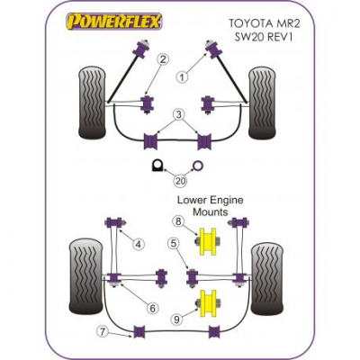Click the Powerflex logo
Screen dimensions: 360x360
113,22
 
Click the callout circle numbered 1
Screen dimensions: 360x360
182,77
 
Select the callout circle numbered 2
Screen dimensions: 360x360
163,59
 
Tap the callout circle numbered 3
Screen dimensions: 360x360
179,114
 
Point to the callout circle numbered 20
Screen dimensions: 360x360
180,181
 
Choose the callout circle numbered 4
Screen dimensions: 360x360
138,245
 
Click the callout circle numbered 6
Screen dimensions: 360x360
152,308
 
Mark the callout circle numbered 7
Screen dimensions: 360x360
103,332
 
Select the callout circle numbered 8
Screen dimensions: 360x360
178,222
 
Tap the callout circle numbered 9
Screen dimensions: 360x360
177,319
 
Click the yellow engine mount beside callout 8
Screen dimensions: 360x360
208,241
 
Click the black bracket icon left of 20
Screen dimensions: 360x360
157,166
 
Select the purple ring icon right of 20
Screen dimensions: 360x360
198,165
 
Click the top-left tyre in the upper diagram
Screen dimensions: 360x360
92,104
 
